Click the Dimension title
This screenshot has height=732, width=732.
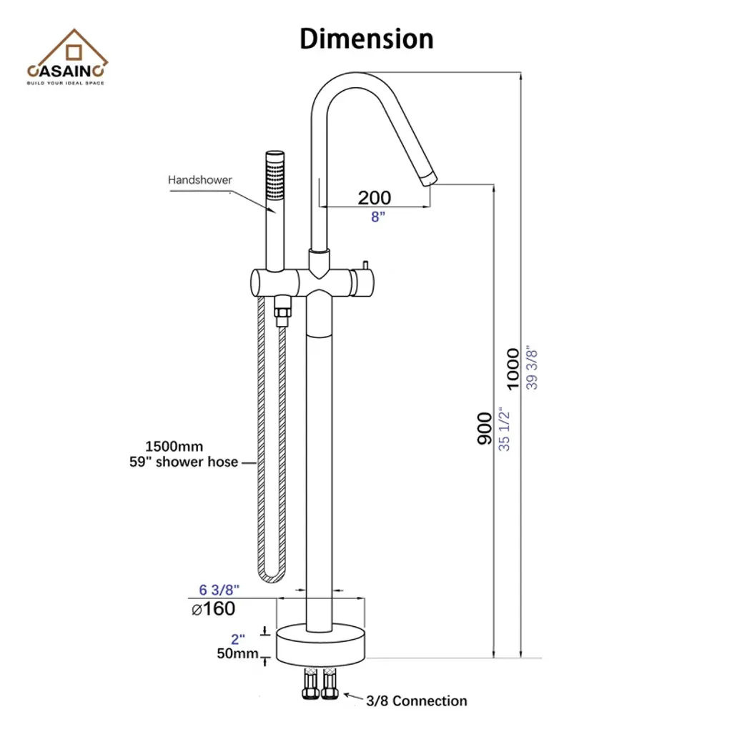(366, 38)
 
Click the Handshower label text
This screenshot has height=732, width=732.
(200, 180)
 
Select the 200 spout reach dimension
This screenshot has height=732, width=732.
(375, 197)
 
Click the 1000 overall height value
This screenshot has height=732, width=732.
(513, 369)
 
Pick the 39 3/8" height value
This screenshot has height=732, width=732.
(531, 367)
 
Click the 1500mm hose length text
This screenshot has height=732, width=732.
(174, 447)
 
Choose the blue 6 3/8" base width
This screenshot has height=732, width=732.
(219, 590)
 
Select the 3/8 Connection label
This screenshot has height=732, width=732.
(416, 701)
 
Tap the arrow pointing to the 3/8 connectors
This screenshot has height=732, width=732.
(352, 696)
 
